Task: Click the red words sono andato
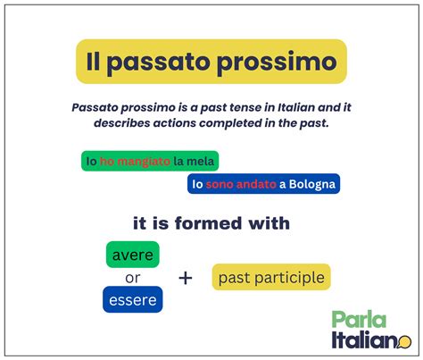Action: [241, 185]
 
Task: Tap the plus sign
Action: [186, 278]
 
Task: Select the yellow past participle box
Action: [270, 278]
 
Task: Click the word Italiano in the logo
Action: [361, 341]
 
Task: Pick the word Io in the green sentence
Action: [90, 161]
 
